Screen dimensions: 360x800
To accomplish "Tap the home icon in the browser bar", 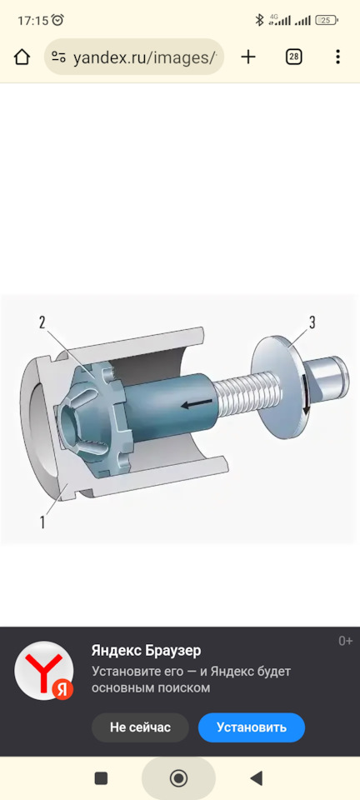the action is (22, 57).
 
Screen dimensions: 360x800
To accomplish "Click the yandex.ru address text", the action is (145, 57).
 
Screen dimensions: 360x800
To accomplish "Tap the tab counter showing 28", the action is (293, 57).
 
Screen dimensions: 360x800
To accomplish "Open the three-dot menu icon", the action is (337, 57).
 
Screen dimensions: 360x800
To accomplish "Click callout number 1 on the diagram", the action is (42, 522).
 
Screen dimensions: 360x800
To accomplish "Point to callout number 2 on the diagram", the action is (42, 322).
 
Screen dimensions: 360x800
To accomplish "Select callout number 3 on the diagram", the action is (312, 322).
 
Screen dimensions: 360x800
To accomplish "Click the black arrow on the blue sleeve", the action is (197, 405).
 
